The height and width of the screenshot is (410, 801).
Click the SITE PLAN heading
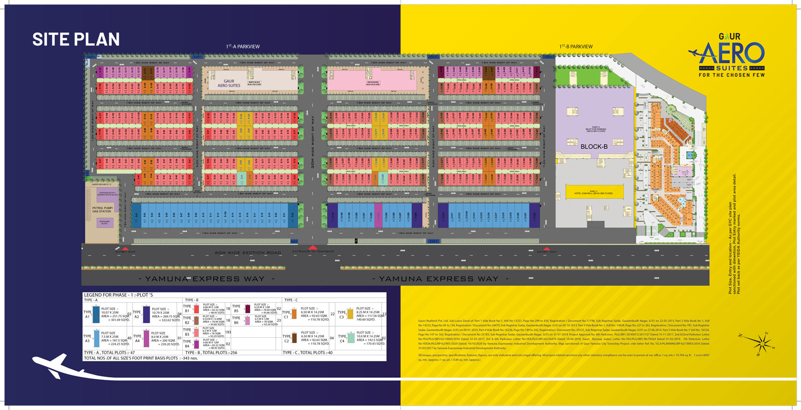(x=76, y=39)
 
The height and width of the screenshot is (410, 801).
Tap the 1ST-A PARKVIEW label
(x=243, y=47)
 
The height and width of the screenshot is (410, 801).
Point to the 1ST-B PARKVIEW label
(x=576, y=47)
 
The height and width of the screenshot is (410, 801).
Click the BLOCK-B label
(x=594, y=147)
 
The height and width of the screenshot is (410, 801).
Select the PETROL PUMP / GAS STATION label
(x=102, y=210)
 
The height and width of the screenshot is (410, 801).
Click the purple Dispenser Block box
(x=105, y=223)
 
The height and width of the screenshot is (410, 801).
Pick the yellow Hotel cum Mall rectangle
(x=594, y=192)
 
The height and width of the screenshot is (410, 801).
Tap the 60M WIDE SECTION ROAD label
(x=248, y=253)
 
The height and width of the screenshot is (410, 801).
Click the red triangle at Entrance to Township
(x=313, y=248)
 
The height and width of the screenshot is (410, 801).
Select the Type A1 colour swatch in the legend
(x=96, y=314)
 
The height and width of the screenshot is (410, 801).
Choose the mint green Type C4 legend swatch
(x=351, y=338)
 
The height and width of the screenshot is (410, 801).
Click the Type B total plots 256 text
(x=211, y=353)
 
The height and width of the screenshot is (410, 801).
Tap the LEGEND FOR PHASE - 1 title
(x=118, y=295)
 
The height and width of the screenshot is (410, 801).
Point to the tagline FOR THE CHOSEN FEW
(x=731, y=75)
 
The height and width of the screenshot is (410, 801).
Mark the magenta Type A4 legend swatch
(x=146, y=338)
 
